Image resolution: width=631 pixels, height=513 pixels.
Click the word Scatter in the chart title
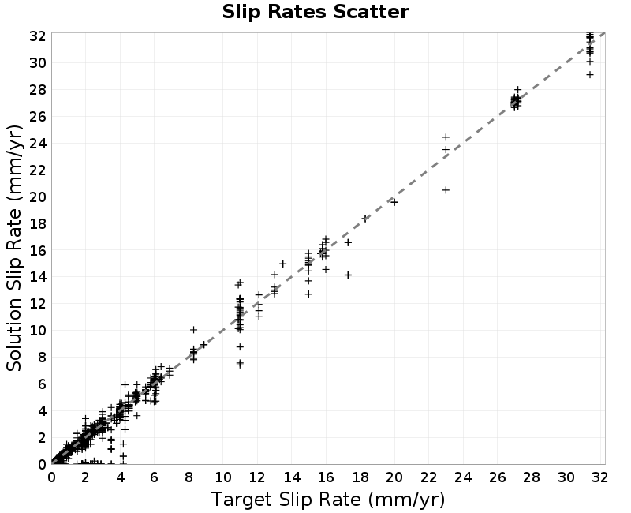click(371, 12)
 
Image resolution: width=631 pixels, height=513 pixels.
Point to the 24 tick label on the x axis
click(463, 477)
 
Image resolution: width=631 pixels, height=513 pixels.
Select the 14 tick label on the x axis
click(292, 477)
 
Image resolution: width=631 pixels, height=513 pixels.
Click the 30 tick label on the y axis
click(37, 63)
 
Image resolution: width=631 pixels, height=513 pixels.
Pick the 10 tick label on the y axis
click(37, 330)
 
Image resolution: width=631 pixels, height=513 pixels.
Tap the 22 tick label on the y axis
click(37, 170)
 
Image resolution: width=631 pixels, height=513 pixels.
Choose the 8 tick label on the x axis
click(189, 477)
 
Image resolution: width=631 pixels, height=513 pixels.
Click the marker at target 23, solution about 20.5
click(446, 190)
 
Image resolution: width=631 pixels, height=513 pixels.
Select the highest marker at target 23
click(446, 137)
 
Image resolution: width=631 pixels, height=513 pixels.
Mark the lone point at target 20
click(394, 202)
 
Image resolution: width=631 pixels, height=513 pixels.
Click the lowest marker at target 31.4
click(589, 75)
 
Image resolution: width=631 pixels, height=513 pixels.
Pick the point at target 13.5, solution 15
click(283, 264)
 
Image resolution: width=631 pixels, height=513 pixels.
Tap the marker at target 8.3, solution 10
click(193, 330)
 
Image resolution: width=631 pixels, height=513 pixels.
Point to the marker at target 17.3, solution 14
click(348, 275)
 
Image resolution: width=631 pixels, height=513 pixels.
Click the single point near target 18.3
click(365, 219)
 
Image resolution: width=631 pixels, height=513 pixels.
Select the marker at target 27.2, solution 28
click(518, 90)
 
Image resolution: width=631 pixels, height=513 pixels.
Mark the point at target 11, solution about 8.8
click(241, 346)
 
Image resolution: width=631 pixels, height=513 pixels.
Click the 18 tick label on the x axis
click(360, 477)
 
